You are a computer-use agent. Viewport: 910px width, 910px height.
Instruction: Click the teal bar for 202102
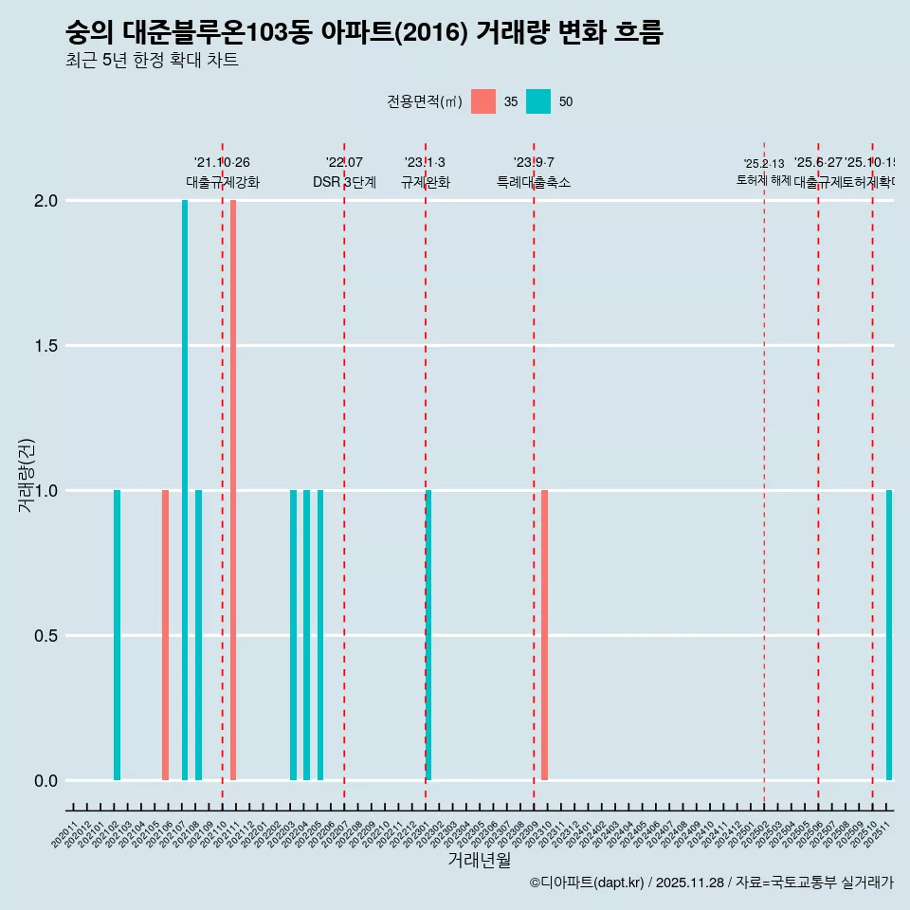(x=117, y=635)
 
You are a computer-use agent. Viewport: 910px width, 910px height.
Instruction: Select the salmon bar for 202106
(x=165, y=635)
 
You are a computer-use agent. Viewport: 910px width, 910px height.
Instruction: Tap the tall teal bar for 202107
(x=185, y=490)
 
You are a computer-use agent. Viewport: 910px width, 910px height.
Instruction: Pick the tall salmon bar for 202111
(x=233, y=490)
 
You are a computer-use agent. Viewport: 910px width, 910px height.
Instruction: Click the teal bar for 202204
(x=307, y=635)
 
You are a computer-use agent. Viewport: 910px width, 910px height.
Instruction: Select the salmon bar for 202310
(x=544, y=635)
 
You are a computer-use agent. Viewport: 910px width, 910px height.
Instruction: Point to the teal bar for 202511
(x=889, y=635)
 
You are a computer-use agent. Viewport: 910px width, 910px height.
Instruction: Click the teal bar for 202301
(x=428, y=635)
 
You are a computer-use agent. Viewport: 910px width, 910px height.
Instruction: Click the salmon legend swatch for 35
(x=483, y=101)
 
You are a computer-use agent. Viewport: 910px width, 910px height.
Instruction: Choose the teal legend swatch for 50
(x=538, y=101)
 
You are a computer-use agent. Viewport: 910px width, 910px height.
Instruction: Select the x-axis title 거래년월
(x=479, y=861)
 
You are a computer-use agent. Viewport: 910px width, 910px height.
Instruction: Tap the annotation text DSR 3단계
(x=344, y=183)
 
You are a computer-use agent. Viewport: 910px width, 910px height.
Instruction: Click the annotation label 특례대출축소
(x=534, y=183)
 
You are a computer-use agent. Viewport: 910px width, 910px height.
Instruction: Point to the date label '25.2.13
(x=764, y=164)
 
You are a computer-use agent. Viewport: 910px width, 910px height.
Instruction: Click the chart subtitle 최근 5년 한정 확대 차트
(x=152, y=61)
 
